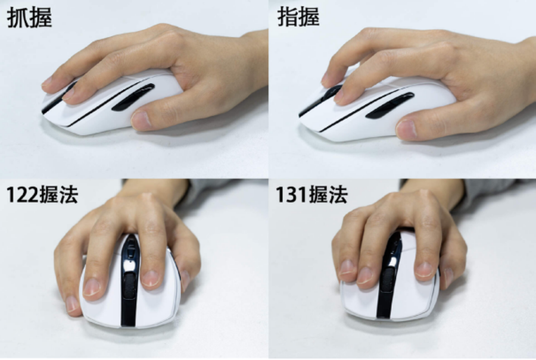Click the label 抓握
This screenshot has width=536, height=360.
(29, 18)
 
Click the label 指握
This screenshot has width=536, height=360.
(298, 17)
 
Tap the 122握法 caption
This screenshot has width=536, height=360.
(42, 195)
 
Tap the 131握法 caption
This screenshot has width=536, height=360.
(311, 195)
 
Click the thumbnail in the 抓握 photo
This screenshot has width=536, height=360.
(141, 120)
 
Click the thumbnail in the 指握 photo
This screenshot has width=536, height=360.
(406, 129)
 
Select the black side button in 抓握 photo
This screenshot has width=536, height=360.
(133, 98)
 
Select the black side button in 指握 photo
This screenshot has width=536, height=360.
(390, 105)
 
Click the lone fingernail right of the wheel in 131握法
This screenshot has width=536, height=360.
(424, 269)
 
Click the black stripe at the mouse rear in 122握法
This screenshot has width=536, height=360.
(129, 309)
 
